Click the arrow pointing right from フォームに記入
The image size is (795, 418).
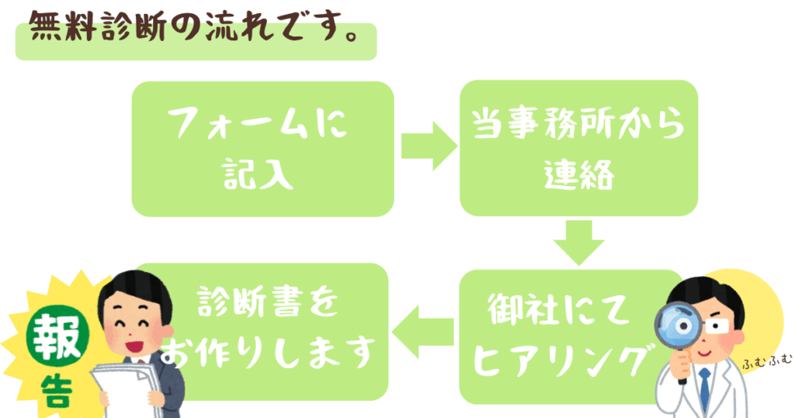click(x=429, y=145)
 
